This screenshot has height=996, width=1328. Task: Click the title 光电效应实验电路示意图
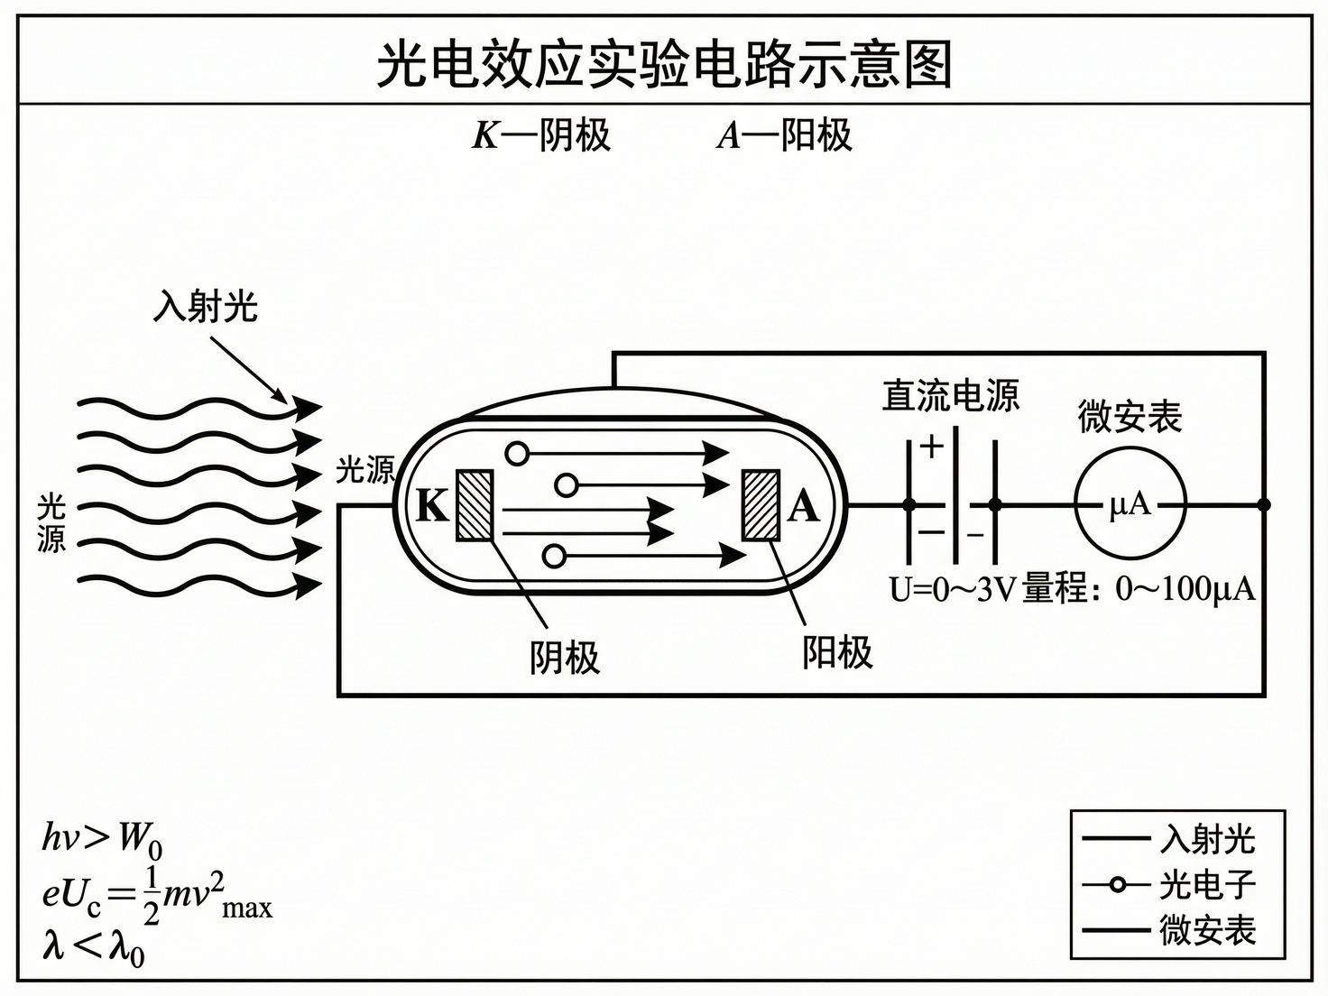click(x=664, y=64)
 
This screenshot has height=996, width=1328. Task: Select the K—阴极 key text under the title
click(x=541, y=135)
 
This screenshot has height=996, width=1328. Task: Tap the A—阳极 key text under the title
click(x=784, y=135)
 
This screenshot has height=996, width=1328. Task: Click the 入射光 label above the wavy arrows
click(x=206, y=306)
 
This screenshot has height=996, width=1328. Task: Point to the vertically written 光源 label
click(x=51, y=522)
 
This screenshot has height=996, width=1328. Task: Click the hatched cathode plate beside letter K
click(x=475, y=505)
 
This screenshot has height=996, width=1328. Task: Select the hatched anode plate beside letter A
click(x=761, y=505)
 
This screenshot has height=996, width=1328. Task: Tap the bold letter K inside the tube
click(x=432, y=506)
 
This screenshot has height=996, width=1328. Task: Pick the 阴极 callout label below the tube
click(x=565, y=657)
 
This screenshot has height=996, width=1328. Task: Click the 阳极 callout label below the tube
click(x=837, y=651)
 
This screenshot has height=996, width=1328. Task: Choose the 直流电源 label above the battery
click(x=950, y=396)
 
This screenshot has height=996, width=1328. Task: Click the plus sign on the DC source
click(x=932, y=447)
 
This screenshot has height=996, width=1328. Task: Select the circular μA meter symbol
click(x=1130, y=504)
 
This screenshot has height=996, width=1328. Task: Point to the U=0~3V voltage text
click(x=953, y=589)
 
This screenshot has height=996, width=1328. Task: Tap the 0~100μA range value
click(x=1185, y=589)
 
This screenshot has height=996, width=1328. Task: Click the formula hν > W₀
click(x=102, y=840)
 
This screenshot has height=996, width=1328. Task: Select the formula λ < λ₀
click(x=93, y=947)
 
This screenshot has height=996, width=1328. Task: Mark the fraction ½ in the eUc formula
click(x=151, y=896)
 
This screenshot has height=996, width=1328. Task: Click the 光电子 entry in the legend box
click(x=1207, y=885)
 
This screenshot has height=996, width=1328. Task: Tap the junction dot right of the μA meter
click(x=1264, y=504)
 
